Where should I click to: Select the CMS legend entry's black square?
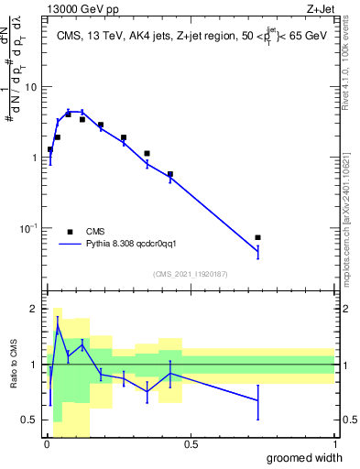tap(70, 232)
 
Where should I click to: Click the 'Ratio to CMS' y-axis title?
tap(16, 365)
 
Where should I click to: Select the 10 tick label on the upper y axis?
tap(31, 87)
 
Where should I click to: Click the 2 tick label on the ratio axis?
tap(35, 309)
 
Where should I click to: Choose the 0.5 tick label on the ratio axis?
tap(30, 420)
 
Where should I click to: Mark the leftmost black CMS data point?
tap(50, 149)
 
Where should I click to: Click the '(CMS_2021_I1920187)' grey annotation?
tap(191, 274)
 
